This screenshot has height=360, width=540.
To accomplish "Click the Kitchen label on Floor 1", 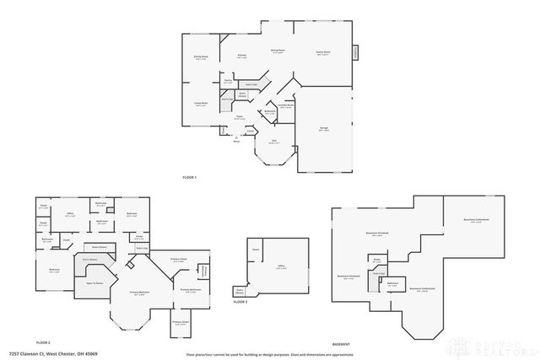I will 241,56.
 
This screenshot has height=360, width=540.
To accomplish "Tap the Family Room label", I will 322,52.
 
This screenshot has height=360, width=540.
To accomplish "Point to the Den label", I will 273,142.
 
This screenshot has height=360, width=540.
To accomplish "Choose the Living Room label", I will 202,105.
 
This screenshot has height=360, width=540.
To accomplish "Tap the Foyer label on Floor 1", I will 239,119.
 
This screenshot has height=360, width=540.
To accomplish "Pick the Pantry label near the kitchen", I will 228,83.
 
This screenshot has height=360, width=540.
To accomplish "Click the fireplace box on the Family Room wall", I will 355,52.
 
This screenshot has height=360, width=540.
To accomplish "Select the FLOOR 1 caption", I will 189,178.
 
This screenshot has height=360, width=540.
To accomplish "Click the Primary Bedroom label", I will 139,293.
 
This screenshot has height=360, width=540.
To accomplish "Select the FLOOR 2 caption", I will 43,342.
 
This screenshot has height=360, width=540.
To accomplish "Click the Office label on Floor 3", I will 280,268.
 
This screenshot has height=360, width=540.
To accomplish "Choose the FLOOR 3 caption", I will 240,301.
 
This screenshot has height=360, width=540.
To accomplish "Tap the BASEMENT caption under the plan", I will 341,344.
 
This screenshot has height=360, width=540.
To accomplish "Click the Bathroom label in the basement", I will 392,284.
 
